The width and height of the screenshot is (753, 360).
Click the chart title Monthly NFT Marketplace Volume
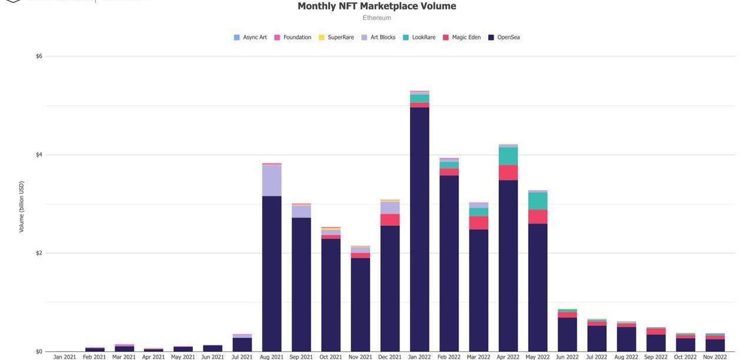[376, 6]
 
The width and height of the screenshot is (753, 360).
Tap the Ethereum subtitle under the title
[376, 18]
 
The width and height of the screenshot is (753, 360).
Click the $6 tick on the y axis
[39, 56]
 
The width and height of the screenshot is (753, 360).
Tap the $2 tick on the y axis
[39, 254]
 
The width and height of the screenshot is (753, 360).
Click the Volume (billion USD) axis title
[22, 206]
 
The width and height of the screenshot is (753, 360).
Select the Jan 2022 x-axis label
[419, 356]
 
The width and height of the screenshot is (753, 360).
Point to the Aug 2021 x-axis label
[272, 356]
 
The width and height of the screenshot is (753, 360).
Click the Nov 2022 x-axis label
[715, 356]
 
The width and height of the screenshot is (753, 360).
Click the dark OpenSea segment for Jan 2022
[419, 229]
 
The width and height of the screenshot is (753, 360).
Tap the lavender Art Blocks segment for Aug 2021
[272, 181]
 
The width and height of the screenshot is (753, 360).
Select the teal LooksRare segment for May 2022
[538, 201]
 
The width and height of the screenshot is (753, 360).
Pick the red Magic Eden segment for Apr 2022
[508, 173]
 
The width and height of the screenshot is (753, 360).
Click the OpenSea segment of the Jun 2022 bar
[567, 335]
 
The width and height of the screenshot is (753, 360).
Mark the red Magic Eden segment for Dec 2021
[390, 220]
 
